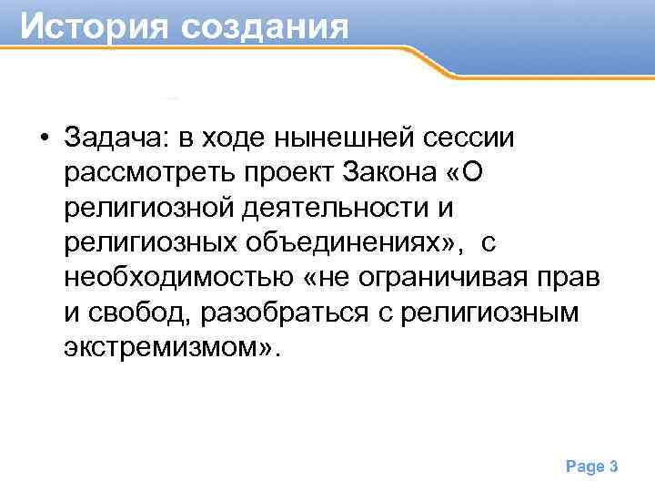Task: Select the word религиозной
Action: [x=148, y=208]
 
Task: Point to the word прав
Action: [x=560, y=278]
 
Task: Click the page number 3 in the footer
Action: [x=614, y=467]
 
